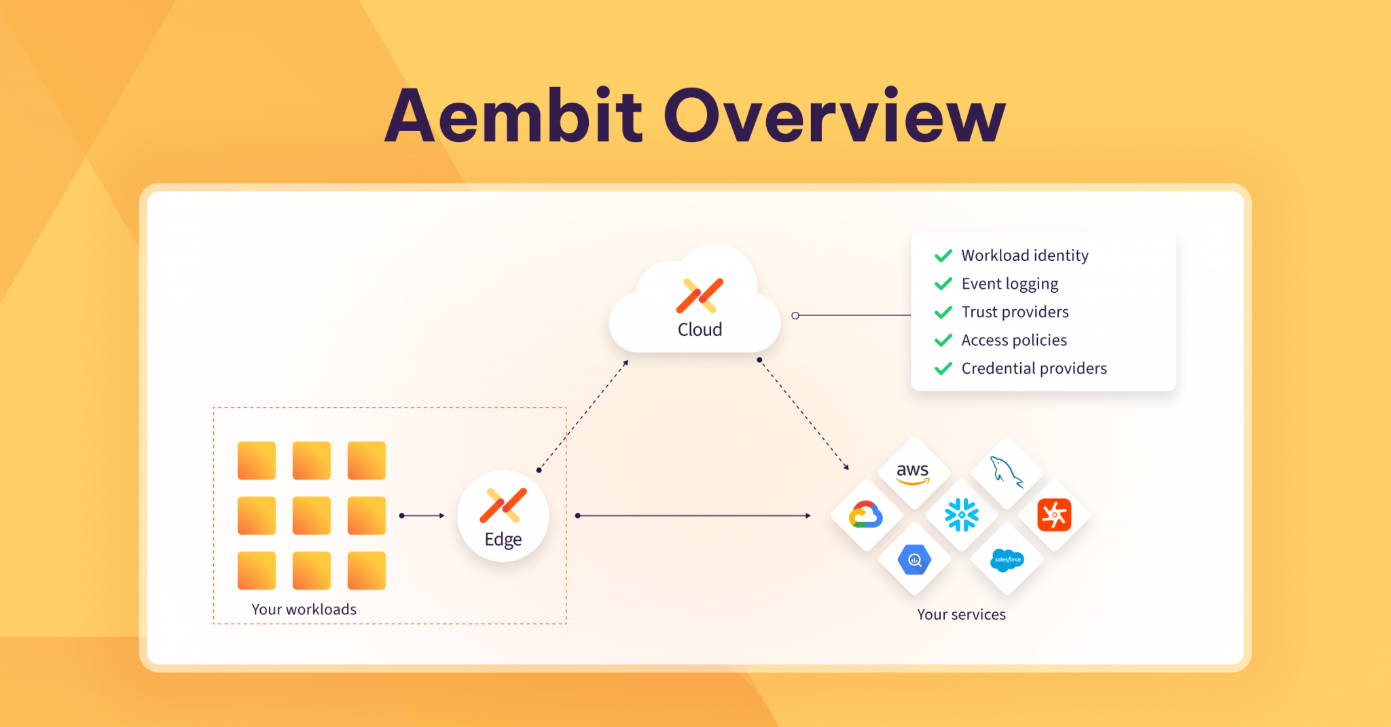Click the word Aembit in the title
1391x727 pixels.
tap(513, 117)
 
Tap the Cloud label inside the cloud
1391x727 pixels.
tap(700, 330)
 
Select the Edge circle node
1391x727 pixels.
tap(503, 516)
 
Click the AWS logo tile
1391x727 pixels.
tap(913, 473)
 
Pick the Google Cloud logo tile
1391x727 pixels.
tap(866, 515)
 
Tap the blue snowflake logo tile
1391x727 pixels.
tap(961, 515)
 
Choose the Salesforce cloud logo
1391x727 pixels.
tap(1007, 560)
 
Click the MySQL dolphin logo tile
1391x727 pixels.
tap(1007, 472)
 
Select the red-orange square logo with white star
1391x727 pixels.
tap(1054, 515)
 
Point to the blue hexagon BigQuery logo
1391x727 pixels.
tap(914, 560)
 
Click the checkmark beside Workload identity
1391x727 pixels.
tap(943, 255)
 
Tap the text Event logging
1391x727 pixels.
tap(1009, 284)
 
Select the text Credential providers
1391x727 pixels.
tap(1034, 368)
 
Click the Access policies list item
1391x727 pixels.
tap(1014, 340)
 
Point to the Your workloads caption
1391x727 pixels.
tap(304, 609)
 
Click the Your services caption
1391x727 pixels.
tap(961, 614)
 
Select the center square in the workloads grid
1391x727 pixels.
tap(312, 516)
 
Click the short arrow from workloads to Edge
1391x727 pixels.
tap(422, 516)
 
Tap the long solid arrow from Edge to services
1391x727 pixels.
tap(693, 516)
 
